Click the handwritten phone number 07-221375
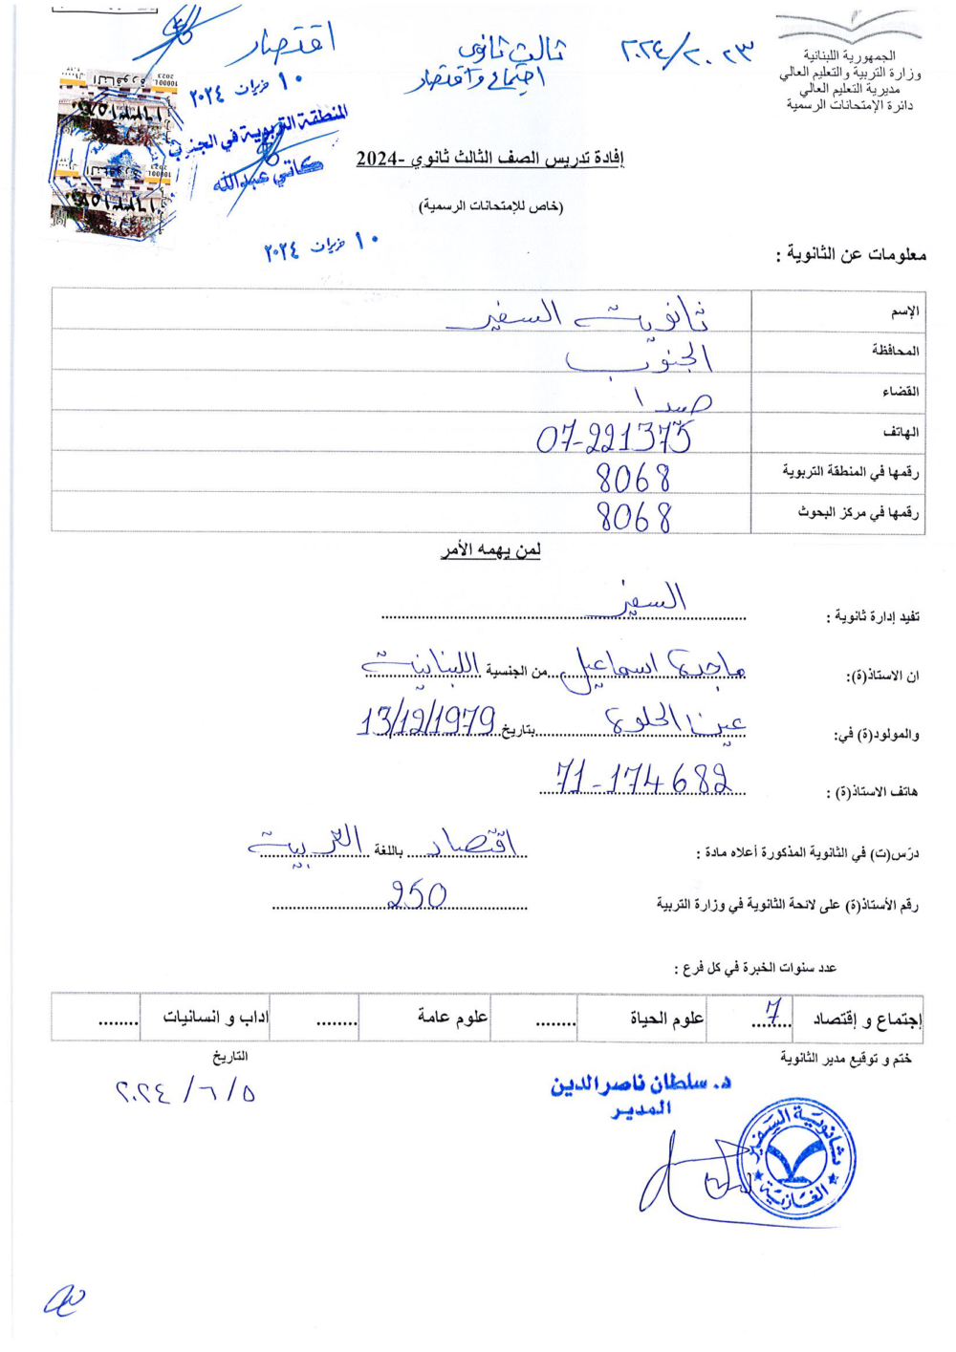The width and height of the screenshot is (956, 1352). click(x=614, y=438)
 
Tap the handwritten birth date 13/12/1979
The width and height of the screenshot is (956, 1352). click(x=427, y=719)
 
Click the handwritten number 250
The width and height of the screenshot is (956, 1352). click(x=418, y=895)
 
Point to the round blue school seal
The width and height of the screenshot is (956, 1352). click(x=795, y=1159)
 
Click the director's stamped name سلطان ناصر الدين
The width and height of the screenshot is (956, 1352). click(x=641, y=1084)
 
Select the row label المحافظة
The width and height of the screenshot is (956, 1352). click(x=895, y=351)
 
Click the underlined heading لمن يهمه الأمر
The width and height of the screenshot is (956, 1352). click(x=490, y=550)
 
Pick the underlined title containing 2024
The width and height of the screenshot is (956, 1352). click(x=489, y=159)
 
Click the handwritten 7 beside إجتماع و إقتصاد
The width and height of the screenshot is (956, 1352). click(x=773, y=1011)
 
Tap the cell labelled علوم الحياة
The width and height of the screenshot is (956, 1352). click(x=666, y=1019)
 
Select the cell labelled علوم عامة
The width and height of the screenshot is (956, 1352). click(x=452, y=1017)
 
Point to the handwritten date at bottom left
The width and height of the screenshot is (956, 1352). click(x=185, y=1090)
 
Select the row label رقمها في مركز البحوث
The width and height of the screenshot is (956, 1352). click(x=858, y=513)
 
